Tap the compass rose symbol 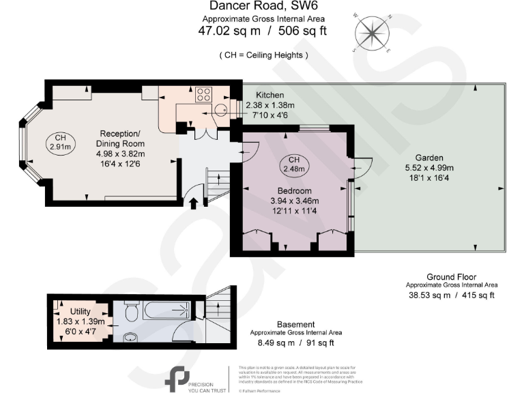point(372,33)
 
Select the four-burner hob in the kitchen point(203,95)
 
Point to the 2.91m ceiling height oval point(60,142)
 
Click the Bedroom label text point(294,190)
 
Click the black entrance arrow point(193,203)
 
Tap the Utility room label point(80,311)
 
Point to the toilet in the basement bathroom point(133,311)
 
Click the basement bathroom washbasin point(130,336)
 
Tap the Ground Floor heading point(452,276)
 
